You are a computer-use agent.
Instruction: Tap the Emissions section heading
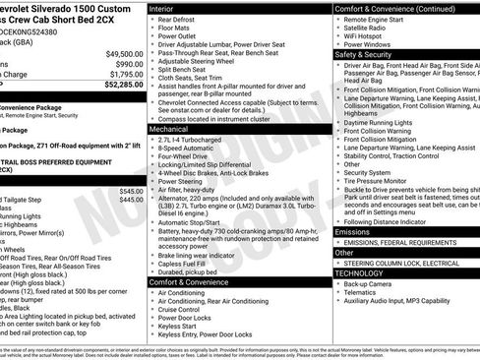click(x=353, y=232)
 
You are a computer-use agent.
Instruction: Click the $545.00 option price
click(x=130, y=190)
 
